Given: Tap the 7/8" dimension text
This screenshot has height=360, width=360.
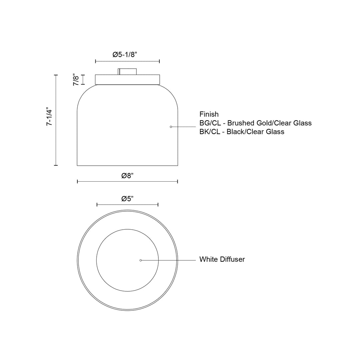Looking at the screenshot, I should [x=76, y=80].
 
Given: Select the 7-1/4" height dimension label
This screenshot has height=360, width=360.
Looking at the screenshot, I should [x=49, y=116].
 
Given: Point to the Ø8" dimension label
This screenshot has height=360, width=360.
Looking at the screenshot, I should [x=128, y=176].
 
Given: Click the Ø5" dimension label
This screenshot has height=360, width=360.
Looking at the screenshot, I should [x=127, y=199].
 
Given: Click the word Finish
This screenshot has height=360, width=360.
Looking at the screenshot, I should [x=209, y=114].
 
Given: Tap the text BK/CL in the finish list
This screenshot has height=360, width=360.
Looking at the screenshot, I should [x=210, y=132].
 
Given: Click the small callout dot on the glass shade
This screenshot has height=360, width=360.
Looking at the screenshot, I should [x=171, y=127].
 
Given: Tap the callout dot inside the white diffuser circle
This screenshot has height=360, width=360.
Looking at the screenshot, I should [x=141, y=260].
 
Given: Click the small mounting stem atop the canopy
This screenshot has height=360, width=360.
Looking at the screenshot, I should [x=127, y=71].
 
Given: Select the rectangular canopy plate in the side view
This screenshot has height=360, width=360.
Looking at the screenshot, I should [x=127, y=80].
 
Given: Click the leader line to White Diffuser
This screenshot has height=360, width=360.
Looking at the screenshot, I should [x=168, y=260].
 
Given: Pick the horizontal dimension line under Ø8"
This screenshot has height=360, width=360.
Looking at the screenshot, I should [x=100, y=181].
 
